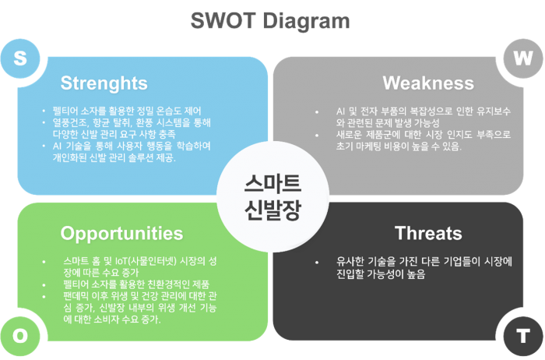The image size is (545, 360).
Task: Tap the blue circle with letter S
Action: click(21, 58)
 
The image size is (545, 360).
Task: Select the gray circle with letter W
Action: click(522, 58)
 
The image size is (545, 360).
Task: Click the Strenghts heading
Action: click(104, 83)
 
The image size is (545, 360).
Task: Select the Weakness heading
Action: click(428, 83)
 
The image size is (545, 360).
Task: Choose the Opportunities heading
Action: click(121, 233)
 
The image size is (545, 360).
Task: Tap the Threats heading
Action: click(428, 233)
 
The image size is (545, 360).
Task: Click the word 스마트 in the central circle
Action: click(271, 183)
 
